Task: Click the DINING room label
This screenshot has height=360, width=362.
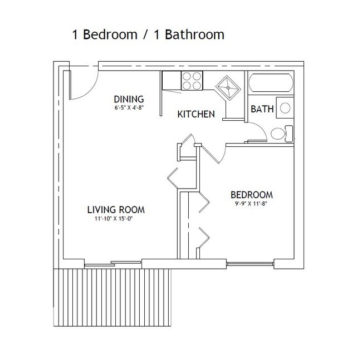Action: pyautogui.click(x=129, y=99)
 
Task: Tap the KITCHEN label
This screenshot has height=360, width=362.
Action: pyautogui.click(x=196, y=114)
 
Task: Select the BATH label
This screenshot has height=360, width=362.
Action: pyautogui.click(x=262, y=109)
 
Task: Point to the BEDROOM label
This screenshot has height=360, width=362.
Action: pyautogui.click(x=252, y=195)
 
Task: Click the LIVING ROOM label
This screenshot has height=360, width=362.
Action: pyautogui.click(x=116, y=210)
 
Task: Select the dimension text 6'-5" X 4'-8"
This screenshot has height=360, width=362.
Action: pyautogui.click(x=129, y=108)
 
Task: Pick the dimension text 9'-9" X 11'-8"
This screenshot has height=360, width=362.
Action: pyautogui.click(x=252, y=204)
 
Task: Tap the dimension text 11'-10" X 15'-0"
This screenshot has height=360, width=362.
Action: pyautogui.click(x=113, y=219)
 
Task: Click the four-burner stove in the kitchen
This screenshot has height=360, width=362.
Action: pyautogui.click(x=192, y=81)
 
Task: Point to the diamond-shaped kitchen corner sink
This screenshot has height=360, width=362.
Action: pyautogui.click(x=228, y=88)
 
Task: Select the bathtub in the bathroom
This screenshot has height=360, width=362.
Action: pyautogui.click(x=271, y=83)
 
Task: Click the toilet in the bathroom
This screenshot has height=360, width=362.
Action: pyautogui.click(x=282, y=134)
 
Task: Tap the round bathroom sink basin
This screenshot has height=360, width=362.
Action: pyautogui.click(x=285, y=108)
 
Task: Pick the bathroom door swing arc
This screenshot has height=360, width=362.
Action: pyautogui.click(x=260, y=128)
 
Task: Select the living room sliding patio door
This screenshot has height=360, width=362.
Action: pyautogui.click(x=112, y=264)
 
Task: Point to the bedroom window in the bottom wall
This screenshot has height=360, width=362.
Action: pyautogui.click(x=250, y=264)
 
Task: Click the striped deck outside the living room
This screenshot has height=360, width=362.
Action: pyautogui.click(x=112, y=297)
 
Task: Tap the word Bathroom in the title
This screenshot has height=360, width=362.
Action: pyautogui.click(x=194, y=34)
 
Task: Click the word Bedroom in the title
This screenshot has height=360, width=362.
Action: pyautogui.click(x=110, y=34)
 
